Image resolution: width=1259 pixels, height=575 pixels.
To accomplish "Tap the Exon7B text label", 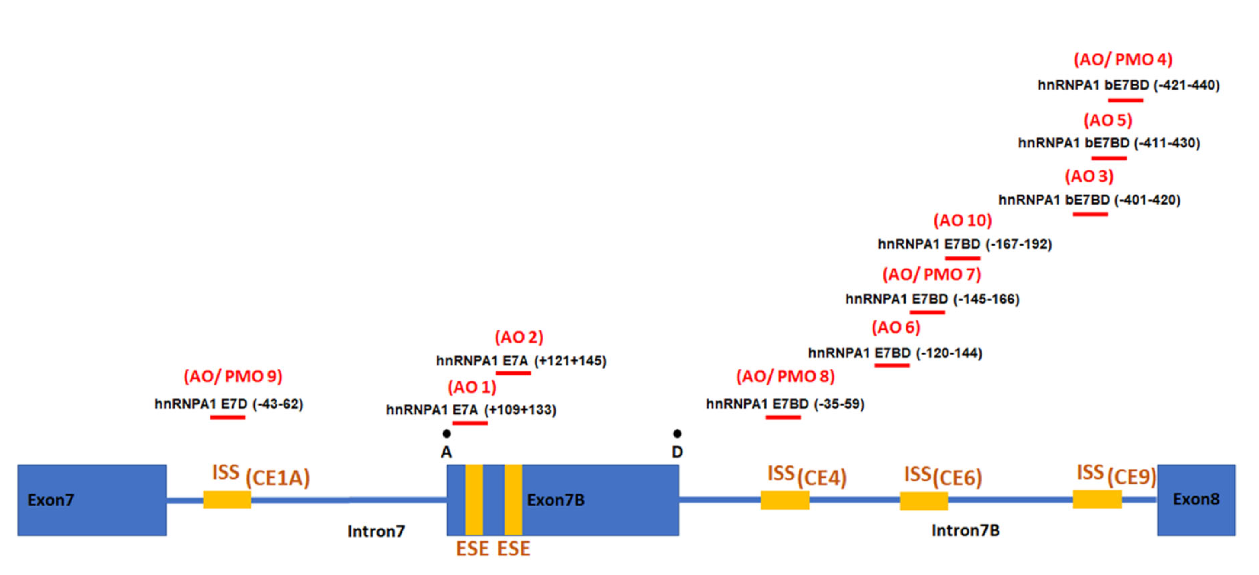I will pos(555,500).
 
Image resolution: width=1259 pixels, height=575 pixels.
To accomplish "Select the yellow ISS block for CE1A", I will pos(227,500).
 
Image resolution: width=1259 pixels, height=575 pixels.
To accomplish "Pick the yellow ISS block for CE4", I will pos(784,500).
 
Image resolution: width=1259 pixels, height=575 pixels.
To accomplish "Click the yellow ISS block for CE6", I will pos(924,501).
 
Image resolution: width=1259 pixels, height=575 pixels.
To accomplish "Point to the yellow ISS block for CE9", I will pos(1097,499).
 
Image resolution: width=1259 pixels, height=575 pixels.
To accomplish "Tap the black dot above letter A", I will pos(446,433).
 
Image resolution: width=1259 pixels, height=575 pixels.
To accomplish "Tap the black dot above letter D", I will pos(677,433).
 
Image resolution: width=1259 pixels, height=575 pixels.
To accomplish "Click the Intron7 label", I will pos(376,531).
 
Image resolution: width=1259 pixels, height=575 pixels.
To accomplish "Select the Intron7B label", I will pos(965,530).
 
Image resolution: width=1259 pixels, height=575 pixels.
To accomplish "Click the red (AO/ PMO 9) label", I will pos(233,376).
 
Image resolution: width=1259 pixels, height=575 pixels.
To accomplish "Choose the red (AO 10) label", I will pos(962,220).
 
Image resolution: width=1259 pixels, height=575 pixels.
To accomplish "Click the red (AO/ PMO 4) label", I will pos(1123,60).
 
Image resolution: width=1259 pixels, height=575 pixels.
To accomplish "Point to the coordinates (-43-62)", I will pos(277,404).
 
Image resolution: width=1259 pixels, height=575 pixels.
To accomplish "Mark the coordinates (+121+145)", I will pos(570,361).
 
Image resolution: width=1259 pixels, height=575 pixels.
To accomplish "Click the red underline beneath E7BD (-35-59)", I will pos(783,417).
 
